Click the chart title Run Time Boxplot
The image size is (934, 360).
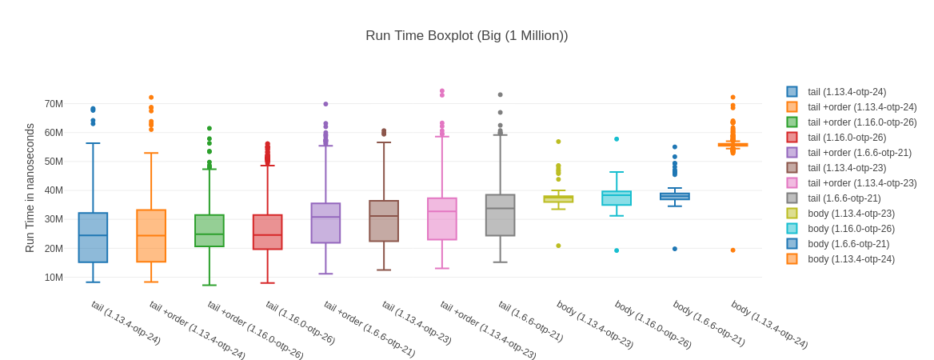(x=466, y=36)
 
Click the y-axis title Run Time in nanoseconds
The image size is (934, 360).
(x=30, y=188)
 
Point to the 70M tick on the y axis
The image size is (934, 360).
(x=54, y=104)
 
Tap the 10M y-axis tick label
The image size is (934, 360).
(x=54, y=278)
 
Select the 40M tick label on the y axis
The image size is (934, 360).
(x=54, y=190)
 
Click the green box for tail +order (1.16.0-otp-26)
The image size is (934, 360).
(x=210, y=230)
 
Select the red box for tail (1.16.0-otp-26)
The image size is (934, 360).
(x=268, y=232)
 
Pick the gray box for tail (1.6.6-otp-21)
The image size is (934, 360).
(x=501, y=215)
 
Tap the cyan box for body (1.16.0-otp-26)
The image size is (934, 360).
(x=617, y=198)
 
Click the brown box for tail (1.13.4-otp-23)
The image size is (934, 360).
(x=384, y=221)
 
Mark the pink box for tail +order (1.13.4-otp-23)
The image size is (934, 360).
(x=442, y=219)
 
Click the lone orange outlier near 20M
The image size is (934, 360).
(x=732, y=250)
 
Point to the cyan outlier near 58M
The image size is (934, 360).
(x=617, y=139)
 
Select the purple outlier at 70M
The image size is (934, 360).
(x=325, y=104)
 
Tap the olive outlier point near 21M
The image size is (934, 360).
(x=558, y=246)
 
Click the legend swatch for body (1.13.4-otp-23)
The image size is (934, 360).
(x=792, y=214)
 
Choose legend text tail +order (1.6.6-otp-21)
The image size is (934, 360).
(x=860, y=153)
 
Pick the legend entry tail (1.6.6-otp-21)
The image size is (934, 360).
(x=844, y=198)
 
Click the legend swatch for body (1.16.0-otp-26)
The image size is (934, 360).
(x=792, y=229)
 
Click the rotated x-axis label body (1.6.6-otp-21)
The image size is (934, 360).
(x=708, y=323)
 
